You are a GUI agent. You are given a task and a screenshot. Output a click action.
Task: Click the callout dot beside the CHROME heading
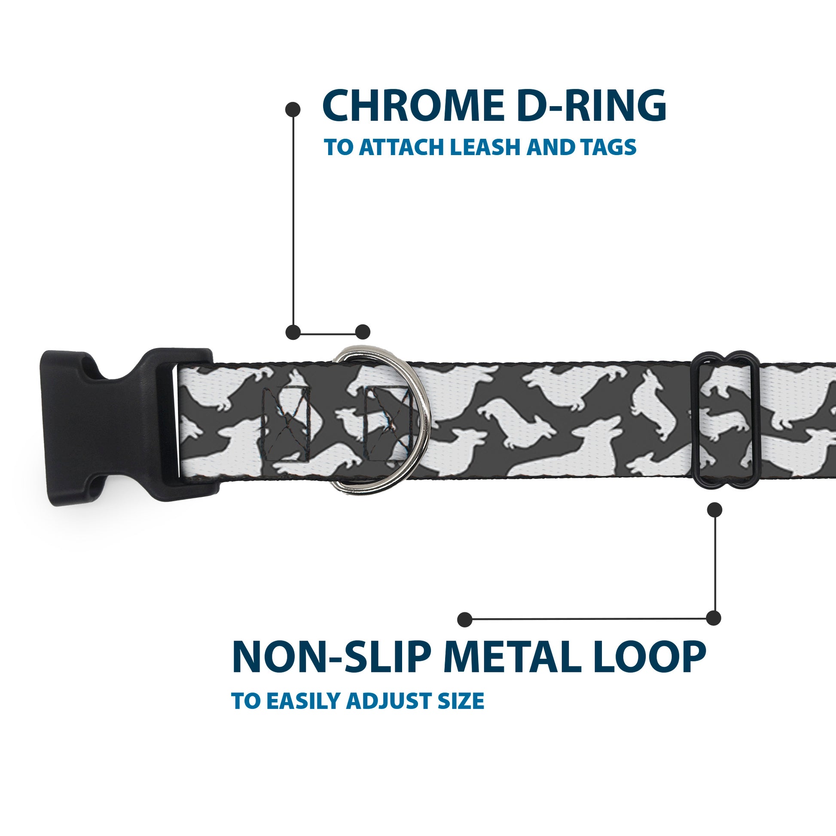pyautogui.click(x=293, y=109)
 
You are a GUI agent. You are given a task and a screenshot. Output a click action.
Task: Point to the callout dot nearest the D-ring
pyautogui.click(x=363, y=332)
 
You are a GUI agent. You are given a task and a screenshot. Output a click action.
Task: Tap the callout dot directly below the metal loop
pyautogui.click(x=714, y=510)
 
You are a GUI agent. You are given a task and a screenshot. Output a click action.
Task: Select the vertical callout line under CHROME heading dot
pyautogui.click(x=293, y=221)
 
